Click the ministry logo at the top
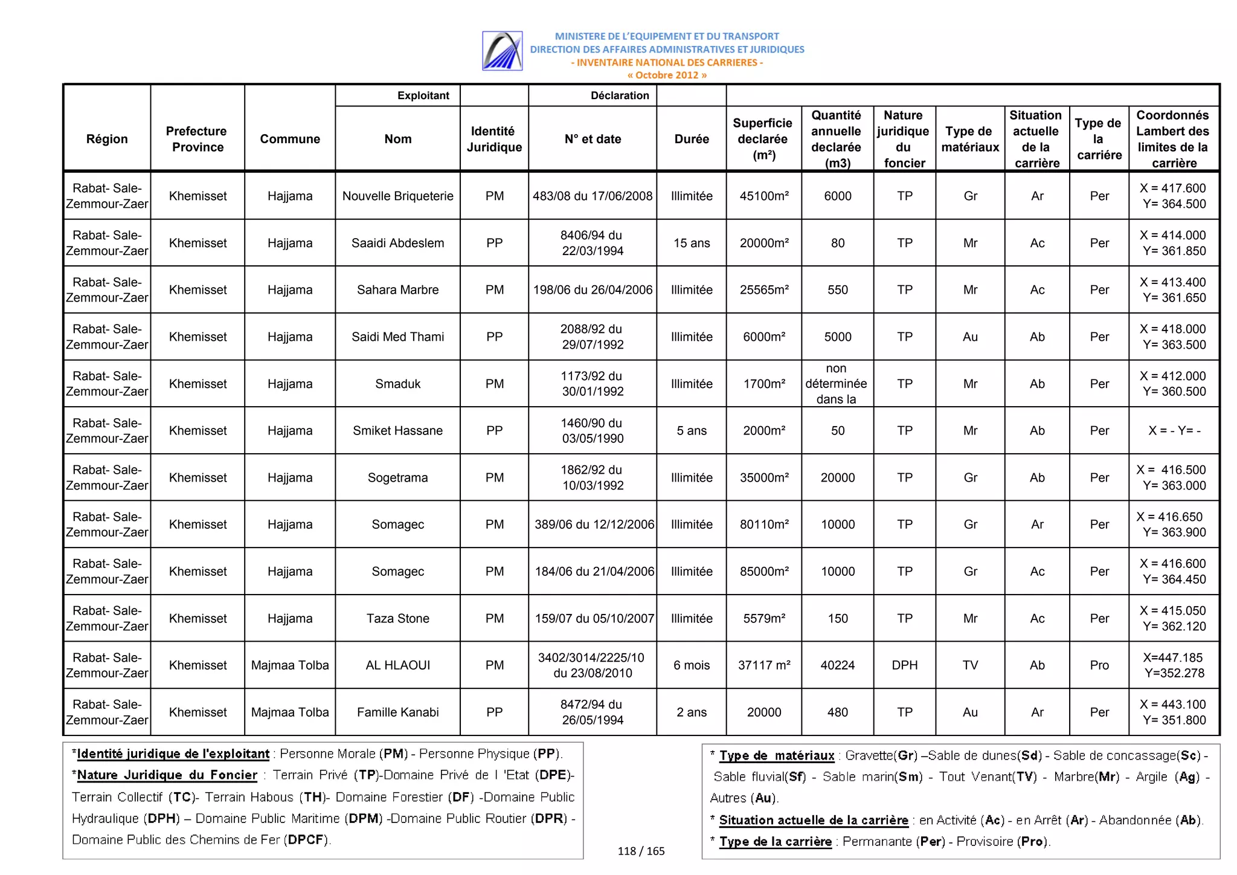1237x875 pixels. coord(502,51)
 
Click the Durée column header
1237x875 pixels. coord(691,139)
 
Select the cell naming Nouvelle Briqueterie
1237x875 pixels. coord(397,196)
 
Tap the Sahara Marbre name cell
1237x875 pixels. coord(397,289)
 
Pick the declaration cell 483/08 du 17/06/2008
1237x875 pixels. coord(592,196)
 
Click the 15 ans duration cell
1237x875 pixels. coord(691,243)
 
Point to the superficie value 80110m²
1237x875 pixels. coord(763,525)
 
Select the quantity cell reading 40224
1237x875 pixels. coord(837,665)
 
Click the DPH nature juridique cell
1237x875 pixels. coord(904,665)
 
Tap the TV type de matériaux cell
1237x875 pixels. coord(970,665)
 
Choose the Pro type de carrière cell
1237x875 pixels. coord(1099,665)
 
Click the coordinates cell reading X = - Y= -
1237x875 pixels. coord(1174,431)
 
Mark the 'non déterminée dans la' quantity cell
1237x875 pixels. coord(836,384)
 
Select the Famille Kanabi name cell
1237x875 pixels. coord(397,712)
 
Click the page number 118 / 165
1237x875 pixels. coord(641,851)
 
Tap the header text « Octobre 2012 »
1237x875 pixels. coord(667,76)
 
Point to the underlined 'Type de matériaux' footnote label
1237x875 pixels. coord(776,755)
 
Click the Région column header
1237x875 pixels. coord(107,139)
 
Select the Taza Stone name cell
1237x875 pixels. coord(397,618)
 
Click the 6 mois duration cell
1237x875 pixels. coord(691,665)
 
